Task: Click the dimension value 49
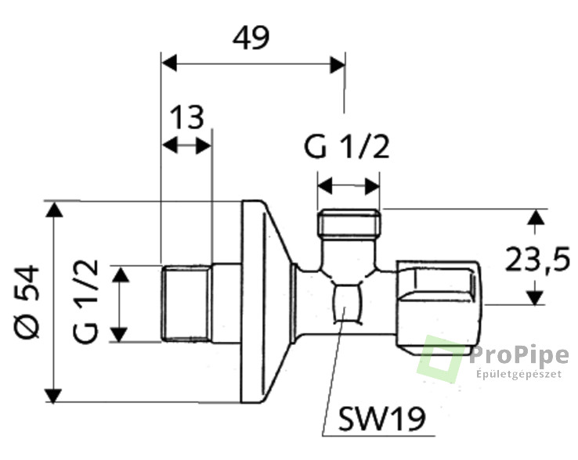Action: [x=251, y=38]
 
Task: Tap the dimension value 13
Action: [x=188, y=117]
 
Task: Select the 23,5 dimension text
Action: [x=537, y=259]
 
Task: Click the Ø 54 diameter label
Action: [x=27, y=302]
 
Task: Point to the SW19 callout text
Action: [x=382, y=419]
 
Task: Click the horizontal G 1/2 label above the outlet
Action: [x=346, y=147]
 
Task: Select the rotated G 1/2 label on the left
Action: [x=85, y=302]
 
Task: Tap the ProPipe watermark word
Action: [x=519, y=356]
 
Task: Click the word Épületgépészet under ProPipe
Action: [x=519, y=374]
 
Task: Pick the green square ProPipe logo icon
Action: [x=439, y=359]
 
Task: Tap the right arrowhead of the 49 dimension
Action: [x=338, y=65]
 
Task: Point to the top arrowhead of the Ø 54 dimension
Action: [x=54, y=210]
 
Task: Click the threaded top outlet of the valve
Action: [x=349, y=223]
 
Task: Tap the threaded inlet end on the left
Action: [x=186, y=303]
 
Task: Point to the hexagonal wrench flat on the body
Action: [x=347, y=304]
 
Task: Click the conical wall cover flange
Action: [x=266, y=301]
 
